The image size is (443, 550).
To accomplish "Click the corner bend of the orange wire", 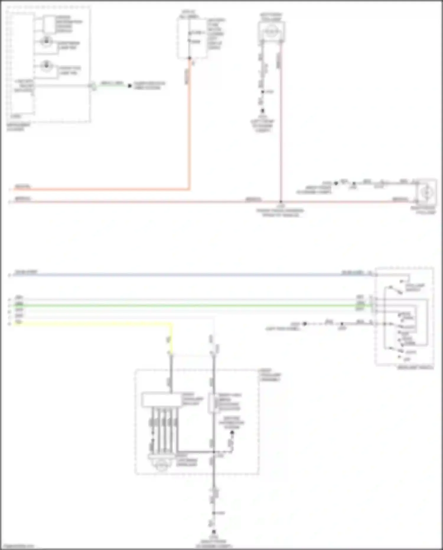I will click(189, 189).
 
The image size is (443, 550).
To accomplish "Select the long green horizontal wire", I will click(189, 305).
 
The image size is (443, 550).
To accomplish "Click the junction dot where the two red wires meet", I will click(281, 202).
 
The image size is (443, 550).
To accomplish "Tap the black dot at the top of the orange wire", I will click(190, 58).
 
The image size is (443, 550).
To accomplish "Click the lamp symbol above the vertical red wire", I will click(271, 31).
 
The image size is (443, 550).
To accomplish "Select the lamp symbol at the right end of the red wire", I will click(426, 192).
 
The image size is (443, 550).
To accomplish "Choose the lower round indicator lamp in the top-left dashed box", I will click(46, 66).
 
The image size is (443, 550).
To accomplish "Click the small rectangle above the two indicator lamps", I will click(50, 24).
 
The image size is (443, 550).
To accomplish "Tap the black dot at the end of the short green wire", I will click(130, 86).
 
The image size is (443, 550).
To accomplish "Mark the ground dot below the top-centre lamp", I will click(262, 111).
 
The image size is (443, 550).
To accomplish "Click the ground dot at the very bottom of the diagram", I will click(214, 532).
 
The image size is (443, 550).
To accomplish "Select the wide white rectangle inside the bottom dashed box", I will click(161, 400).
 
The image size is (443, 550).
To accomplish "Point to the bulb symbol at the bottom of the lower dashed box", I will click(161, 464).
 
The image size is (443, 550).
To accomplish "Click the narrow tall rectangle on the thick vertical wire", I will click(212, 403).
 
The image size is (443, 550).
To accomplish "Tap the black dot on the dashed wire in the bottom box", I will click(232, 433).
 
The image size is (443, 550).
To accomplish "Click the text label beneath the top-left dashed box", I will click(18, 127).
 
